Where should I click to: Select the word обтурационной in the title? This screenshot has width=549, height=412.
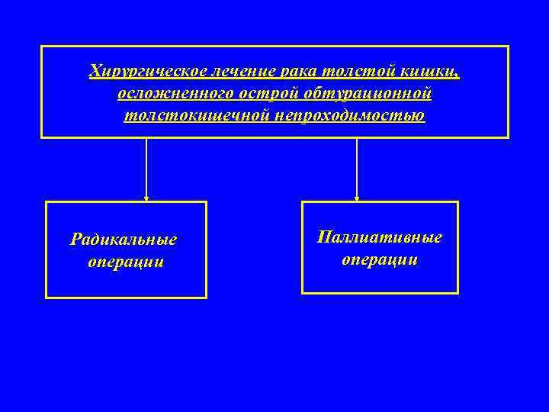point(368,94)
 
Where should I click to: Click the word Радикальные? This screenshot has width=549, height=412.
point(124,240)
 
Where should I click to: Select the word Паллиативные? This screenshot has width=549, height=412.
point(380,237)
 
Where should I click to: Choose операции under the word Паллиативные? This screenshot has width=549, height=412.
point(380,259)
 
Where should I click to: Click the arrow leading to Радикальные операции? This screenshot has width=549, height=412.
point(146,168)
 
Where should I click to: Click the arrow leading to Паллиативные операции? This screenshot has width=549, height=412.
point(357,168)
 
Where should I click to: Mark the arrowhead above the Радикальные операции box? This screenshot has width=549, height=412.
point(146,198)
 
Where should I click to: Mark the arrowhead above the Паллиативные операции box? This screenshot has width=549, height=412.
point(357,198)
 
